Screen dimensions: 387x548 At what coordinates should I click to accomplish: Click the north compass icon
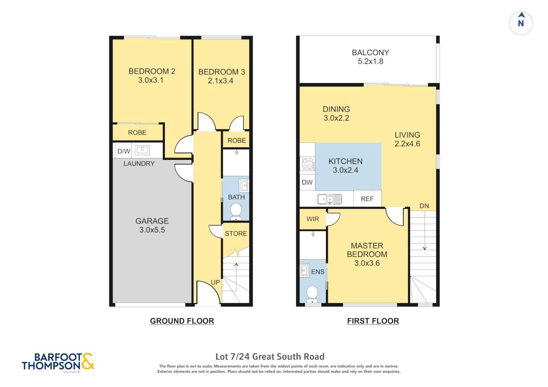pos(521,23)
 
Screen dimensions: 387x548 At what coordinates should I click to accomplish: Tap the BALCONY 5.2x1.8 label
pos(370,57)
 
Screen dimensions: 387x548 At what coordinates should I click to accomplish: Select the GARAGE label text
pos(152,221)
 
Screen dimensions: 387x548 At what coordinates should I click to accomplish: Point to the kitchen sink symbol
pos(330,199)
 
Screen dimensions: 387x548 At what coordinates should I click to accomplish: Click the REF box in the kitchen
pos(367,199)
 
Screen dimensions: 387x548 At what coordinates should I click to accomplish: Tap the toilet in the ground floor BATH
pos(236,211)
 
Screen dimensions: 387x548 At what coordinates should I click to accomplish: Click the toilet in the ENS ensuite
pos(312,294)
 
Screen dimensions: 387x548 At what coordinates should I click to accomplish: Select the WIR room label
pos(312,219)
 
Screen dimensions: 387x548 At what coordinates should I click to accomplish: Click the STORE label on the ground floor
pos(236,234)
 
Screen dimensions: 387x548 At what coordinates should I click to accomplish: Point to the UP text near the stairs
pos(215,282)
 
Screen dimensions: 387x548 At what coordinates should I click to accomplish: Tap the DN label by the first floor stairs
pos(424,206)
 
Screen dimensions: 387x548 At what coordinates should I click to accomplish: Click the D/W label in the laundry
pos(124,151)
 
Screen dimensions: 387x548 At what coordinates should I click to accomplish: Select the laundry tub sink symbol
pos(142,150)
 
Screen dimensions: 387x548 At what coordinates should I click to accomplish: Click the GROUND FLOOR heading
pos(182,321)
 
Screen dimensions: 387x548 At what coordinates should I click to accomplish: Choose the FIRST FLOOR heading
pos(373,321)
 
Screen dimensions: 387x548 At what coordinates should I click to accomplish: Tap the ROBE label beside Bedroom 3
pos(236,140)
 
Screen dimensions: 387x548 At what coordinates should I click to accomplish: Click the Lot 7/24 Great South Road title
pos(270,356)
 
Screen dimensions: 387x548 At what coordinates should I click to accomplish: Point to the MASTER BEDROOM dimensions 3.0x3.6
pos(367,263)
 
